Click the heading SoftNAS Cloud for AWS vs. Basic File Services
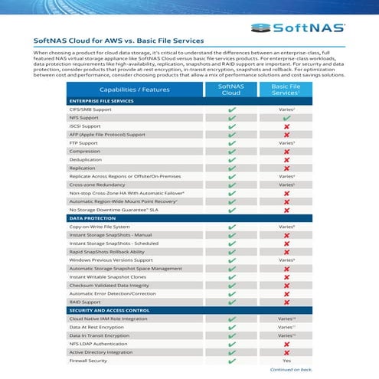pyautogui.click(x=119, y=40)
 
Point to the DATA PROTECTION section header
pyautogui.click(x=90, y=219)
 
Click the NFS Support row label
pyautogui.click(x=83, y=118)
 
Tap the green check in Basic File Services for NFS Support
pyautogui.click(x=286, y=118)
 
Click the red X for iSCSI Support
pyautogui.click(x=286, y=126)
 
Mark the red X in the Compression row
pyautogui.click(x=286, y=152)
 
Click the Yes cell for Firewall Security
pyautogui.click(x=286, y=360)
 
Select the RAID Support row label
pyautogui.click(x=85, y=302)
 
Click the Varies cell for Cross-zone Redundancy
pyautogui.click(x=286, y=185)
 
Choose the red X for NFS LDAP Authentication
pyautogui.click(x=286, y=343)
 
